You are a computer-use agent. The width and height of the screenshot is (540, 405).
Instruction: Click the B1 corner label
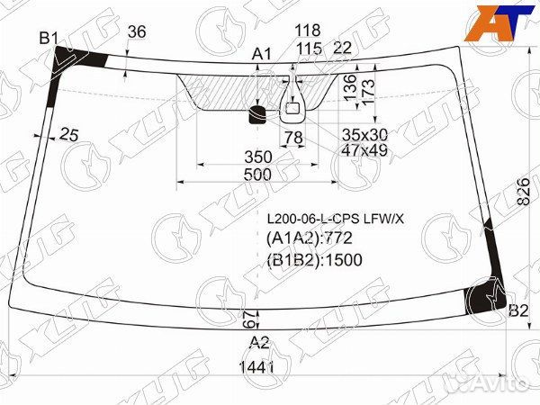pyautogui.click(x=49, y=38)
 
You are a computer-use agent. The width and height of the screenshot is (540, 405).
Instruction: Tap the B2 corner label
pyautogui.click(x=518, y=311)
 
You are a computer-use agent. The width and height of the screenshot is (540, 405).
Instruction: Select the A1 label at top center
pyautogui.click(x=262, y=54)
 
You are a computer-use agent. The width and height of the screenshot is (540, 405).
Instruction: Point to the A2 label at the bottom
pyautogui.click(x=259, y=342)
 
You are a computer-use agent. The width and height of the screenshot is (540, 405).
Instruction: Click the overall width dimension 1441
pyautogui.click(x=256, y=367)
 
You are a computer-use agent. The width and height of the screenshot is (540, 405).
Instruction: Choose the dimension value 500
pyautogui.click(x=257, y=175)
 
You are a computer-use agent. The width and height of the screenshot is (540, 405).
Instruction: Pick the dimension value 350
pyautogui.click(x=258, y=157)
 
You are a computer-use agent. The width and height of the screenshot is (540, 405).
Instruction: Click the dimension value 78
pyautogui.click(x=293, y=138)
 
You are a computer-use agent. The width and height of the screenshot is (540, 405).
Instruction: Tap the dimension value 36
pyautogui.click(x=137, y=31)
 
